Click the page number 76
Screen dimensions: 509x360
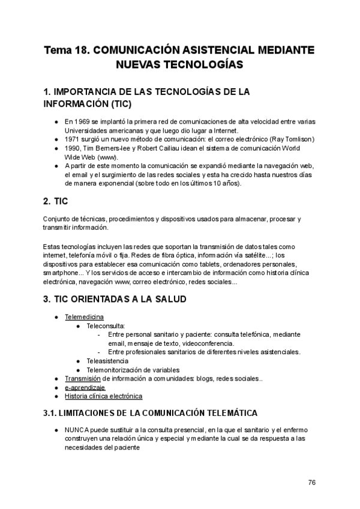pos(312,482)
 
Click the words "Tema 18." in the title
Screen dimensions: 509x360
pos(66,49)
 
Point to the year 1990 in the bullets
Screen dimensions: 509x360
pos(73,148)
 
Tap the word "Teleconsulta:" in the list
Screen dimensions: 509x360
pos(106,325)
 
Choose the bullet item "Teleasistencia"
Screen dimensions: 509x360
pos(107,361)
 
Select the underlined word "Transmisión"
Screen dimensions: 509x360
pos(82,379)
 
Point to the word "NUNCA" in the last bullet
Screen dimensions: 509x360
pos(77,430)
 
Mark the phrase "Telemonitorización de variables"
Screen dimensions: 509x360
pos(133,370)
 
